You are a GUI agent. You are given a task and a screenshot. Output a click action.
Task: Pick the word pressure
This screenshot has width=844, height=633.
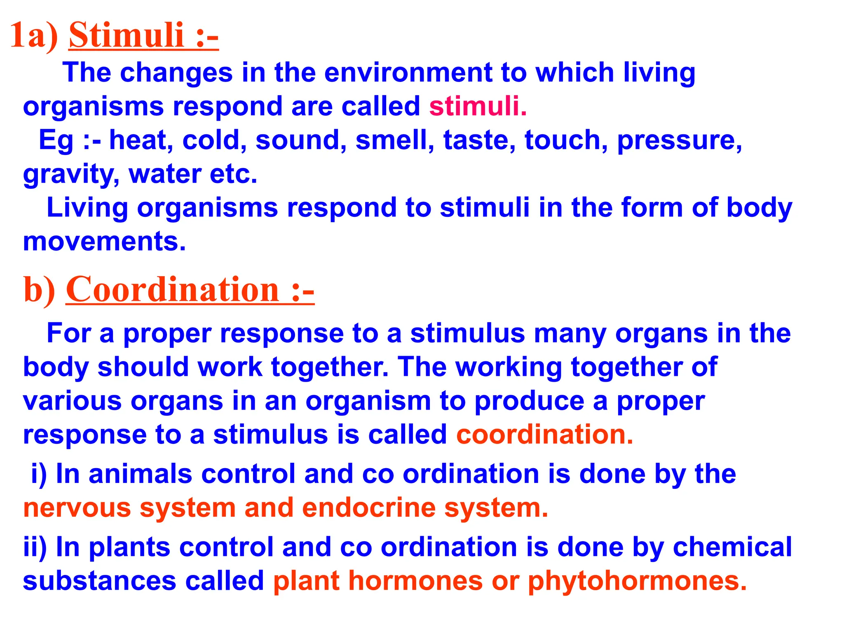coord(679,140)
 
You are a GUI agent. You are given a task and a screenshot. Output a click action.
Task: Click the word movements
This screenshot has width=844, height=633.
coord(104,241)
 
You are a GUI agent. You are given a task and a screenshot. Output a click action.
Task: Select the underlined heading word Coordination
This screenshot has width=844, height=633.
coord(172,289)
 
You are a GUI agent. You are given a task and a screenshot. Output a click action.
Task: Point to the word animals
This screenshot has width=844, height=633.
coord(140,474)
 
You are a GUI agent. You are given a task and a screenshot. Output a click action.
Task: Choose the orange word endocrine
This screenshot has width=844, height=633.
coord(369,508)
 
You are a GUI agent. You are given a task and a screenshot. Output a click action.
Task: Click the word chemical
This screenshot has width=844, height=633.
coord(732,547)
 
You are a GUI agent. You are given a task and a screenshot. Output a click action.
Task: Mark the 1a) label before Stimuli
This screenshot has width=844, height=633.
coord(35,35)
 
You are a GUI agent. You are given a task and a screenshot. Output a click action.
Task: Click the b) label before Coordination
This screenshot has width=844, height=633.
coord(39,290)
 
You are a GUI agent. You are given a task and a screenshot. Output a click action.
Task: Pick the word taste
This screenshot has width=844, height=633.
coord(479,140)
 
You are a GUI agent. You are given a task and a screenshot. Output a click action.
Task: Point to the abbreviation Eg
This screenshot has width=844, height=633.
coord(56,140)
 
